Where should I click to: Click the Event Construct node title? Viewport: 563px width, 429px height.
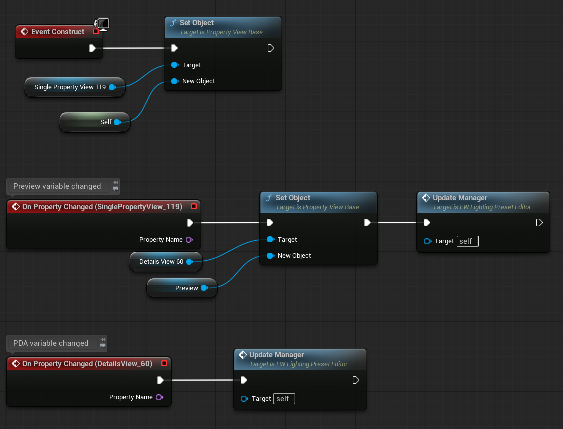click(x=58, y=32)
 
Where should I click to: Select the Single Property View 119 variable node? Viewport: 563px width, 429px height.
click(x=70, y=87)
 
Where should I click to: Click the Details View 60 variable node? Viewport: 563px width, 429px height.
click(x=161, y=262)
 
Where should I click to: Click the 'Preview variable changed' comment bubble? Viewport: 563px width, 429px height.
click(x=57, y=186)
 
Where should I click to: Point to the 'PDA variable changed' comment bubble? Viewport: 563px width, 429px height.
click(x=51, y=343)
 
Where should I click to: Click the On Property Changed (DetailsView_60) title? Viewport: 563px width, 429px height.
click(x=87, y=364)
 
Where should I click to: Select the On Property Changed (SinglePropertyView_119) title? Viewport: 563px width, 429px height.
click(x=102, y=207)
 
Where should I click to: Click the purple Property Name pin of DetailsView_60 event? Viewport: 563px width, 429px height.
click(x=159, y=397)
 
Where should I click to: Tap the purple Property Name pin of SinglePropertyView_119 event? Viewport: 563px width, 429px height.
click(x=189, y=240)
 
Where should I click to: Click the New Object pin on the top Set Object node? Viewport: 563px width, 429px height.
click(x=174, y=81)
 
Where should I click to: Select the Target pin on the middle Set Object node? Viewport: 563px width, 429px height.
click(x=270, y=240)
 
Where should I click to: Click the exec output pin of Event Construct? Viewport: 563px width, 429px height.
click(x=92, y=48)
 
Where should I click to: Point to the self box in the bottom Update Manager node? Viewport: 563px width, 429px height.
click(x=284, y=399)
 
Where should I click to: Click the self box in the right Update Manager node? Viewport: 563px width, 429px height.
click(x=467, y=241)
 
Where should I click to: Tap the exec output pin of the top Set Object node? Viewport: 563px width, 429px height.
click(x=271, y=48)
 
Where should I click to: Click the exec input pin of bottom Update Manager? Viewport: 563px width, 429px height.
click(x=244, y=380)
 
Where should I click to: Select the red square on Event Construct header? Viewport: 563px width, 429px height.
click(x=96, y=32)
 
